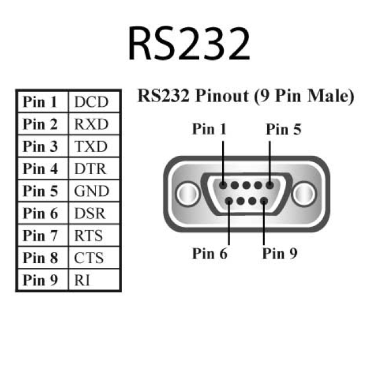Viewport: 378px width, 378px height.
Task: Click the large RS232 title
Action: [x=188, y=44]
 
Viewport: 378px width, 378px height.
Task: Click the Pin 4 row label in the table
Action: [x=41, y=169]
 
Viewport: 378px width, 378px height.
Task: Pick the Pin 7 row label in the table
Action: [x=41, y=235]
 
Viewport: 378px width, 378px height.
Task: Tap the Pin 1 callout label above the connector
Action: [x=209, y=129]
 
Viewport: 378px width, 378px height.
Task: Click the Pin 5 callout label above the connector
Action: [x=283, y=129]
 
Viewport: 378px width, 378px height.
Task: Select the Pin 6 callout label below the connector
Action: [x=209, y=253]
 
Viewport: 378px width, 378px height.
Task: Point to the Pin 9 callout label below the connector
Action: [x=280, y=253]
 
